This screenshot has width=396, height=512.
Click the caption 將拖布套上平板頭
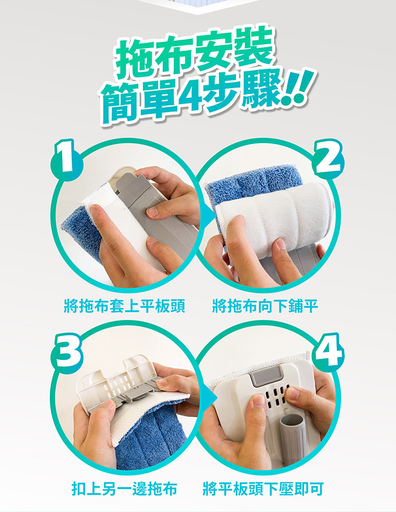124,306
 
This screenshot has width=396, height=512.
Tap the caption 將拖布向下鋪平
266,306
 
